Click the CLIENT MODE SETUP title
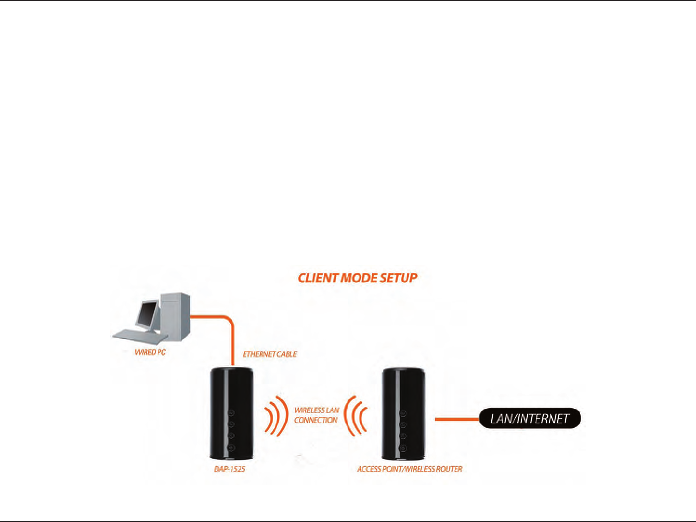click(357, 278)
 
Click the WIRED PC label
click(150, 353)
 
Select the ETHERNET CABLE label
click(270, 354)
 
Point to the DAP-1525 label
click(230, 469)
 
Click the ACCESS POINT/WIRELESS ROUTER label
click(409, 469)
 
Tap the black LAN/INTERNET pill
click(530, 419)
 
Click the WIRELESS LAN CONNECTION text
click(317, 415)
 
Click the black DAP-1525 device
click(231, 413)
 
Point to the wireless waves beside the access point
click(356, 416)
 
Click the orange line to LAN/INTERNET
click(457, 419)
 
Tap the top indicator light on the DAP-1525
click(231, 413)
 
